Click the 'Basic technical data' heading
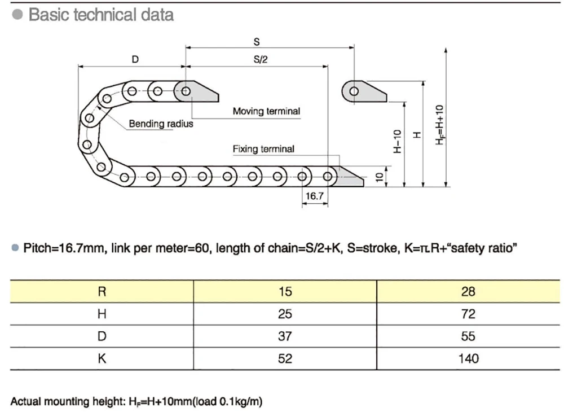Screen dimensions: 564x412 tap(101, 15)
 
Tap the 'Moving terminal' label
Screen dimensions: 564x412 tap(266, 111)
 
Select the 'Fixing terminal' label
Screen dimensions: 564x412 tap(263, 149)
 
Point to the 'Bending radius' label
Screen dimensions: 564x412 tap(161, 124)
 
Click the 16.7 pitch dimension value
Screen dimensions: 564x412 tap(314, 196)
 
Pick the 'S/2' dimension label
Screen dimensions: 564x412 tap(261, 59)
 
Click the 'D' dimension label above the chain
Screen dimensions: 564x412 tap(135, 59)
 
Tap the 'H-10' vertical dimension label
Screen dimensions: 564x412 tap(397, 141)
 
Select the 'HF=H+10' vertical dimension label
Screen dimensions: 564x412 tap(439, 125)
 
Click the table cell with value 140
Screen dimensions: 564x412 tap(468, 359)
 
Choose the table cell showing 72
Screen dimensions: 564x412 tap(468, 314)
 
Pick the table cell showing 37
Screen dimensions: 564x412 tap(285, 336)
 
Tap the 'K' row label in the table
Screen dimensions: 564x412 tap(102, 359)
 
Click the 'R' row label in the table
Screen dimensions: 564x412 tap(102, 291)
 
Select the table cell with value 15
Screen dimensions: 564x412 tap(285, 291)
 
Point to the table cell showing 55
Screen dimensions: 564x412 tap(468, 336)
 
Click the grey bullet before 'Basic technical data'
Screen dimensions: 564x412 tap(17, 15)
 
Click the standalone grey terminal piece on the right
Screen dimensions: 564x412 tap(364, 91)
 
